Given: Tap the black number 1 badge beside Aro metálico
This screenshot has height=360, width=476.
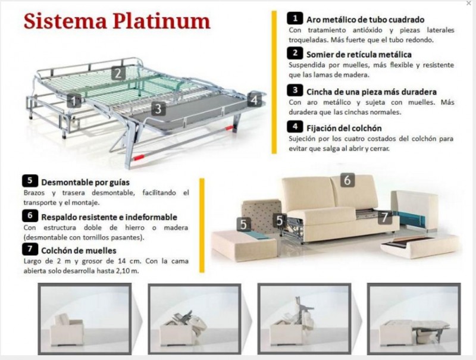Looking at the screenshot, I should tap(295, 18).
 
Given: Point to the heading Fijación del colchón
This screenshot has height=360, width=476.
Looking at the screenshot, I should tap(344, 127).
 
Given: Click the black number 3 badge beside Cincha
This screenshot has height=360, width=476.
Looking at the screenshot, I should tap(295, 91).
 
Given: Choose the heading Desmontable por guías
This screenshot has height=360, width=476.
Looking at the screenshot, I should tap(85, 181).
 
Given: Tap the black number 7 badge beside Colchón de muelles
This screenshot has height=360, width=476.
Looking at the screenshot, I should tap(29, 250).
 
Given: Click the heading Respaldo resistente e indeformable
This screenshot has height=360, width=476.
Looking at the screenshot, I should tap(109, 217).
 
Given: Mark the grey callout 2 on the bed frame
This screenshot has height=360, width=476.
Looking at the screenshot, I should tap(118, 73).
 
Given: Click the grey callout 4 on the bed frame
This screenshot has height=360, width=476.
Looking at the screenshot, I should tap(254, 99).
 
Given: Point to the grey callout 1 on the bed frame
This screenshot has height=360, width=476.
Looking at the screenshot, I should tap(74, 101).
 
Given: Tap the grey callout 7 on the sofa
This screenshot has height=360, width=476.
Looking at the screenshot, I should tap(384, 217).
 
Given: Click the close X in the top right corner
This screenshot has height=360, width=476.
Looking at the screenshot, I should tap(468, 4).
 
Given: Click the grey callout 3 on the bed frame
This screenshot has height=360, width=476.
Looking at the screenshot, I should tap(158, 109).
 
